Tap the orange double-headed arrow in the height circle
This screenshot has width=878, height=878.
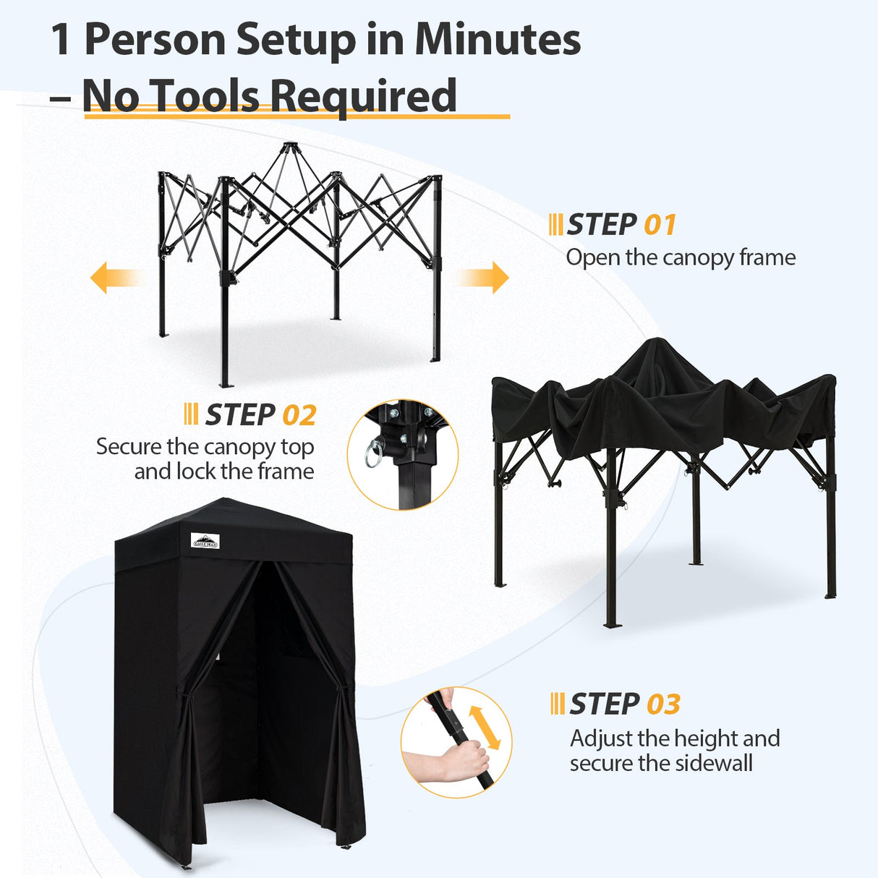(x=485, y=728)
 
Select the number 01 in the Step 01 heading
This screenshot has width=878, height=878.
(x=660, y=225)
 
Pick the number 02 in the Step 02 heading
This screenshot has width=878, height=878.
(x=299, y=416)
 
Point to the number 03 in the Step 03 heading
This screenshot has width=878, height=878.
(x=663, y=704)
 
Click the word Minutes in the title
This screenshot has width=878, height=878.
(x=498, y=39)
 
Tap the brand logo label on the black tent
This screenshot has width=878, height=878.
(x=205, y=541)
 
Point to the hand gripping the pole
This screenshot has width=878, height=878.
(x=448, y=763)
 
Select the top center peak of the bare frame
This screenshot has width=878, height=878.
(x=289, y=148)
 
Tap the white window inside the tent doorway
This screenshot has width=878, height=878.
(x=217, y=658)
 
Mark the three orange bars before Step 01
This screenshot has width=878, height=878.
(x=555, y=225)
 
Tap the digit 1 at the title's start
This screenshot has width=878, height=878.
(x=61, y=39)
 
